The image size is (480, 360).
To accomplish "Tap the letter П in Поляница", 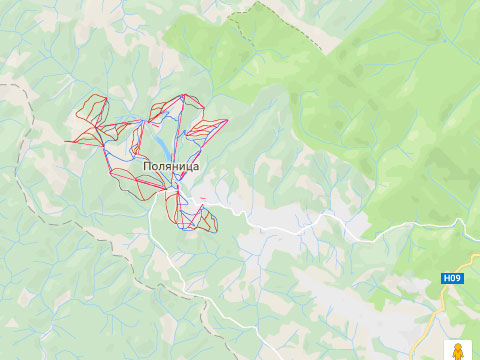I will click(148, 168).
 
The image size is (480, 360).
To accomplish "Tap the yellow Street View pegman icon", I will click(457, 352).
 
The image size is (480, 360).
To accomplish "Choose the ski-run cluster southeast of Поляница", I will click(203, 218).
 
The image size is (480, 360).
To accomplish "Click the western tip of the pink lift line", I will click(66, 141).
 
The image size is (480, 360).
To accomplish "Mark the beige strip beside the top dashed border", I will click(300, 25).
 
